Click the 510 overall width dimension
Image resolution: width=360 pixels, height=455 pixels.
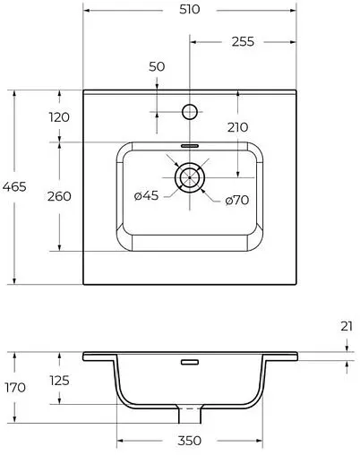188,9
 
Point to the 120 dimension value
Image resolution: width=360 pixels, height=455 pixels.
59,117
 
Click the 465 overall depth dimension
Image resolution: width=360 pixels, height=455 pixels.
15,186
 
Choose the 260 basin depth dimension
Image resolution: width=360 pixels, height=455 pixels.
59,196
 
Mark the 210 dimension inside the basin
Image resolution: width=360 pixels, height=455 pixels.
237,128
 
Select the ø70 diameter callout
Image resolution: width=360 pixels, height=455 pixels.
236,200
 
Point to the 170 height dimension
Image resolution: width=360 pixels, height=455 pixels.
15,388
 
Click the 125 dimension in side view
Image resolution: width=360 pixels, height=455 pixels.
59,382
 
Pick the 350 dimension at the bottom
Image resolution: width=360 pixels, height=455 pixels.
189,441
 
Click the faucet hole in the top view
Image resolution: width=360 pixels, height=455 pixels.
189,112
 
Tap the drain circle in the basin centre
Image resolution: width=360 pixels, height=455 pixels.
189,177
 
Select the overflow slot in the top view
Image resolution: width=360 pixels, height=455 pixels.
189,143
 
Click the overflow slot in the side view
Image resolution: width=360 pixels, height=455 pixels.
189,363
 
